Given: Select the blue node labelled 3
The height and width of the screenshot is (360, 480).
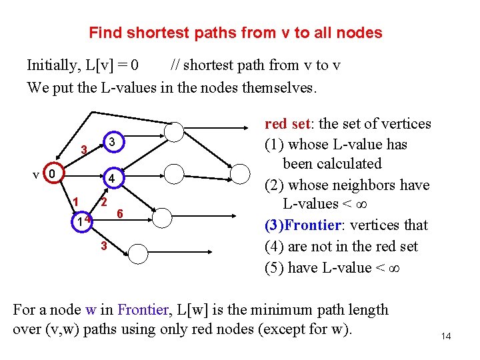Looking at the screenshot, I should coord(113,142).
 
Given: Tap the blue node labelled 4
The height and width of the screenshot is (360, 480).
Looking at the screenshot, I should coord(113,179).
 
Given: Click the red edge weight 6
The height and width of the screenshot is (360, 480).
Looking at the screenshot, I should coord(119,213).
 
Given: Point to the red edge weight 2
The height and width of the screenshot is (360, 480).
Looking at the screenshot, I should coord(105,201).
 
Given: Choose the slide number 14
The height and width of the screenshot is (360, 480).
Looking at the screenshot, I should coord(446,336).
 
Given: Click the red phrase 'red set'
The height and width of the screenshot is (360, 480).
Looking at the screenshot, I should coord(287,123).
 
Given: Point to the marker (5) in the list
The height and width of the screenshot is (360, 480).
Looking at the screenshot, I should coord(275,267).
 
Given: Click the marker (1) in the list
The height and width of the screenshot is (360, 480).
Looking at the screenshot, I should coord(275,145).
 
